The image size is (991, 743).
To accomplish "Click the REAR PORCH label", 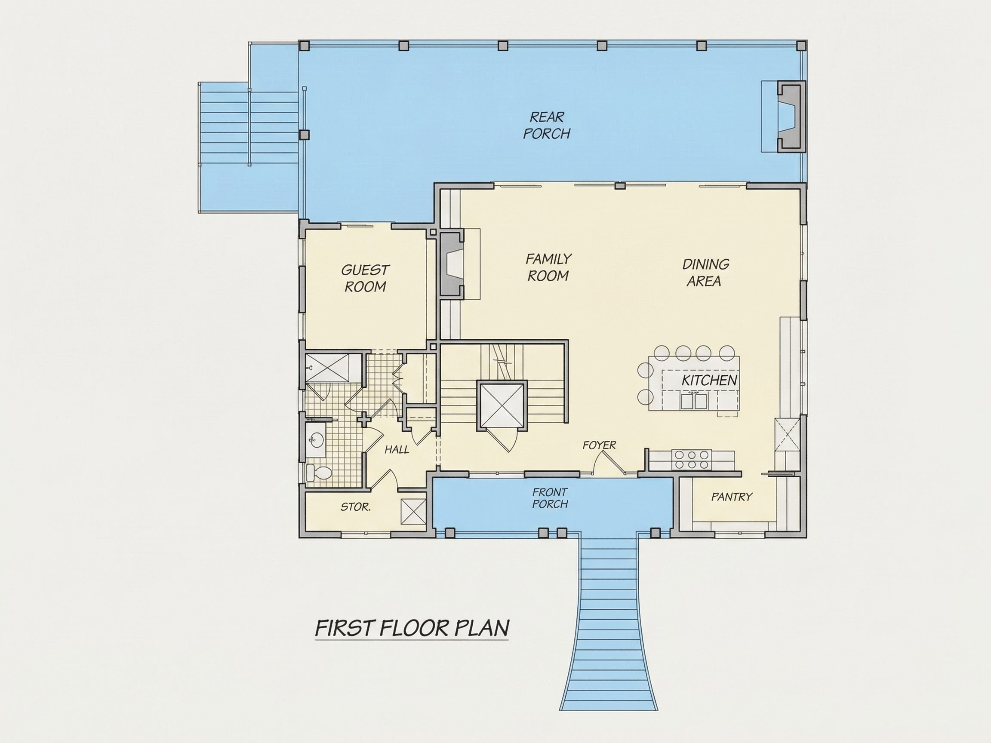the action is click(547, 126).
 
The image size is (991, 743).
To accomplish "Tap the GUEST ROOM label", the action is click(365, 278).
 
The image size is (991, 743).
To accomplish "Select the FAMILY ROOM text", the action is click(548, 267).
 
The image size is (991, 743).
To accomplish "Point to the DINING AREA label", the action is click(705, 273).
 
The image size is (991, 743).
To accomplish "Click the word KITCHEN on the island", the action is click(709, 381).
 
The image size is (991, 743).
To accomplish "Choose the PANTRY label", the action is click(732, 497).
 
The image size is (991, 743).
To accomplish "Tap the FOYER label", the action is click(599, 445).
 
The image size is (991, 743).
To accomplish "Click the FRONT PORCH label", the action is click(550, 498).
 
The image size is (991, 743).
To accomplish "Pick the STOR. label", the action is click(355, 507).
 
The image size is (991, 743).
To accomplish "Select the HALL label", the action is click(397, 450).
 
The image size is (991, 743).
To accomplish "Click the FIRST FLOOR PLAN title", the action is click(412, 628).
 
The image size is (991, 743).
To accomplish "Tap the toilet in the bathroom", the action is click(319, 473).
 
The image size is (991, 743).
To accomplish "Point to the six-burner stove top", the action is click(692, 460).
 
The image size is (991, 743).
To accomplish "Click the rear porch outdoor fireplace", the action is click(791, 116).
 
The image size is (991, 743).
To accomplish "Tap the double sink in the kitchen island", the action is click(694, 401).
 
